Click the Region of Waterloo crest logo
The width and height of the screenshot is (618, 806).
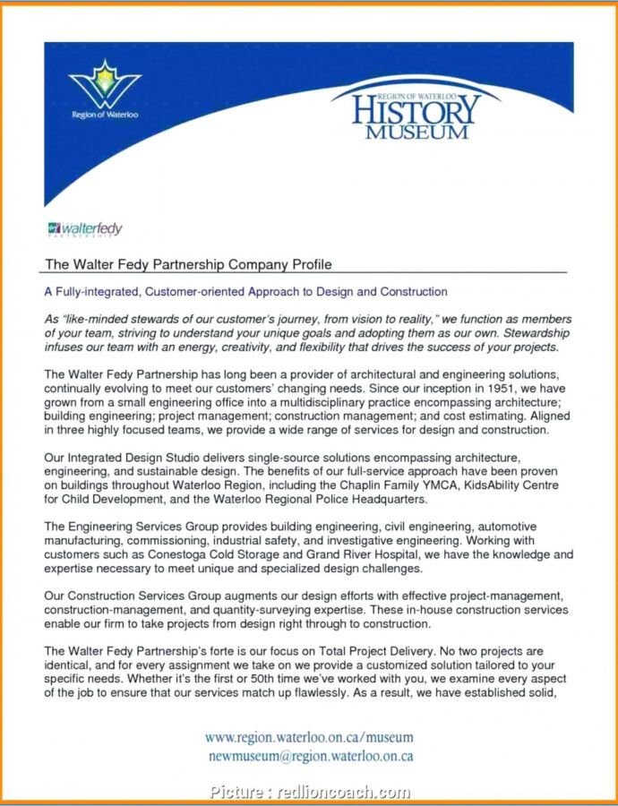click(105, 88)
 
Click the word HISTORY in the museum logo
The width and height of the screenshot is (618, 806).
click(416, 111)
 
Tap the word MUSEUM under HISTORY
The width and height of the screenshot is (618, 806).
click(416, 132)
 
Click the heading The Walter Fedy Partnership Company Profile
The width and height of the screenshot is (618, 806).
click(188, 264)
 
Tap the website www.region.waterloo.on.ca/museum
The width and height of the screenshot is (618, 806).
click(309, 737)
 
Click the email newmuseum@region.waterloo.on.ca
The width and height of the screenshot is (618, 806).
click(310, 755)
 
